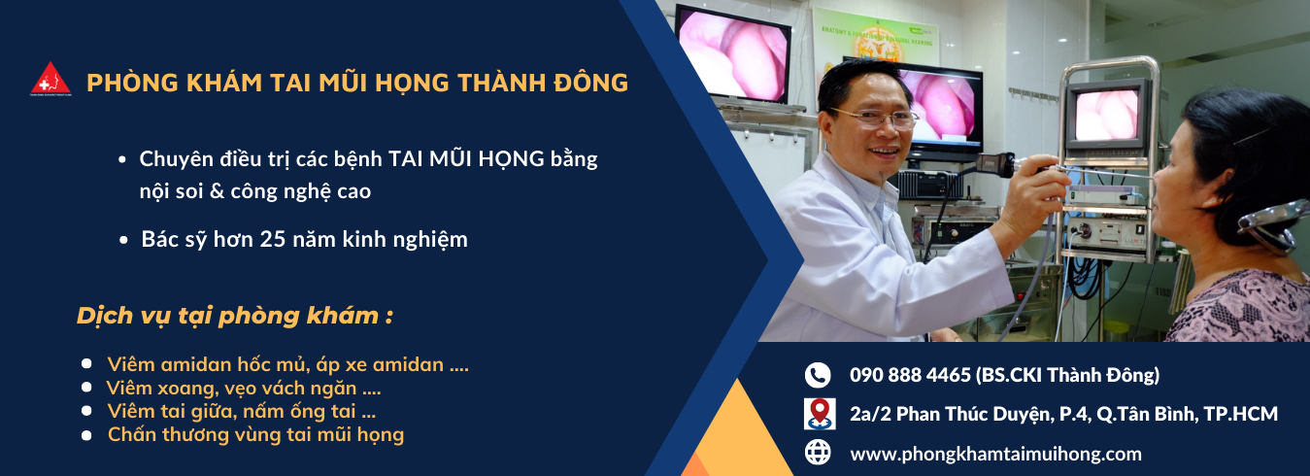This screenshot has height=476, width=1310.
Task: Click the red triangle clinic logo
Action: [50, 79]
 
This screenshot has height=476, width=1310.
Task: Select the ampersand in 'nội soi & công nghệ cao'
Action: [217, 191]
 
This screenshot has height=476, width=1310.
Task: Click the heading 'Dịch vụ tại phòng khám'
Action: [234, 316]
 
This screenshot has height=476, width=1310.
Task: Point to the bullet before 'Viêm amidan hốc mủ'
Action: [86, 363]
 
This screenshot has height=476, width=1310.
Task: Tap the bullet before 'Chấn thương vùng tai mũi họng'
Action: [86, 435]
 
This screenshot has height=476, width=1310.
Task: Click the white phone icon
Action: [818, 375]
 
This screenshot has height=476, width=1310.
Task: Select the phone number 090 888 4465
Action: [910, 375]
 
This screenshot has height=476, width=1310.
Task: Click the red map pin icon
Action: [820, 414]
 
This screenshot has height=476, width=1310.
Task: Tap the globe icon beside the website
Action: [818, 453]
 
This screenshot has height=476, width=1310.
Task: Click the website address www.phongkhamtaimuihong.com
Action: [995, 454]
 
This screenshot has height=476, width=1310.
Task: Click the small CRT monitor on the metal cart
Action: [1104, 116]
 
